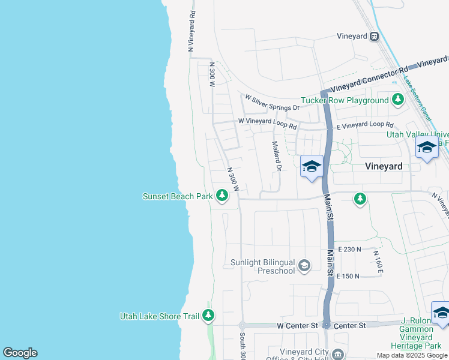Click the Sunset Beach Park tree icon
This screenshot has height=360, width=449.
[x=222, y=196]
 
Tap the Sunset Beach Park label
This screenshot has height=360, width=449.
[x=178, y=196]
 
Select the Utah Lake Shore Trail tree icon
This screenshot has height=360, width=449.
[x=208, y=315]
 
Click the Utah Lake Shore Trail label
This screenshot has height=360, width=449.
[x=159, y=316]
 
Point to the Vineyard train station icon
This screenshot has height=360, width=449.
[x=375, y=37]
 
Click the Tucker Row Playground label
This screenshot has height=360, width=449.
[x=345, y=100]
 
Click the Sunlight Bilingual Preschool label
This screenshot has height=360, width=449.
[x=264, y=266]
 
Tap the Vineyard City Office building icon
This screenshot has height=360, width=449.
[x=338, y=355]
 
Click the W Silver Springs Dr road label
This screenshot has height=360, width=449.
[x=271, y=103]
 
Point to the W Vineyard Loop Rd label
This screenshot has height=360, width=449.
[x=267, y=124]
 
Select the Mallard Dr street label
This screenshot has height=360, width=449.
[x=276, y=156]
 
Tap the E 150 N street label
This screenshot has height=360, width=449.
[x=348, y=276]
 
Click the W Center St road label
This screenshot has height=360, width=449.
[x=297, y=325]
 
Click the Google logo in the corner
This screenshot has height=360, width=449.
[x=20, y=353]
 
